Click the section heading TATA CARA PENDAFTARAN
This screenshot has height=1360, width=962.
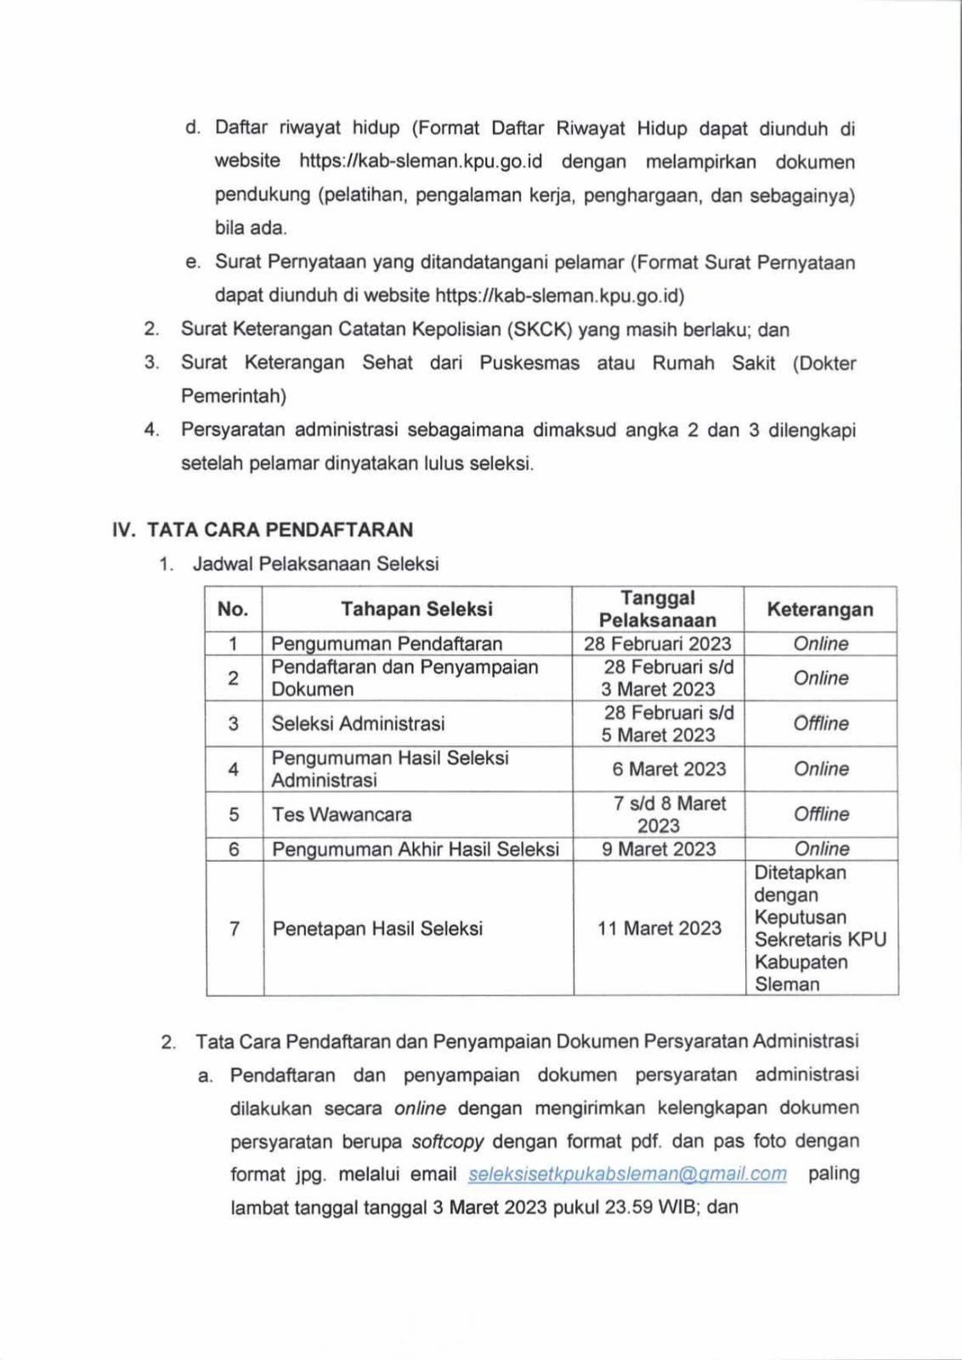tap(280, 530)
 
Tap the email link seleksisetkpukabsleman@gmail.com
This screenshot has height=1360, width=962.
tap(627, 1174)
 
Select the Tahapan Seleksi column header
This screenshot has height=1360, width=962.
tap(416, 609)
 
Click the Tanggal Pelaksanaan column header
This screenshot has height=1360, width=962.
tap(658, 609)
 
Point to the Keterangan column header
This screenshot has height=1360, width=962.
tap(820, 609)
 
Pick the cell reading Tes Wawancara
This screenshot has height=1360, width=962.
tap(342, 814)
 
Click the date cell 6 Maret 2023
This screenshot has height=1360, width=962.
tap(669, 769)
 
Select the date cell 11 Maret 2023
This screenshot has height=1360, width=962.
tap(659, 928)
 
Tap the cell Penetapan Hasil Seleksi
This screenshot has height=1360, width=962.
tap(377, 928)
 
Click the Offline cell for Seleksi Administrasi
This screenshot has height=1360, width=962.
tap(821, 723)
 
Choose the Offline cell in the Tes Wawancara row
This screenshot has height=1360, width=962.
tap(821, 814)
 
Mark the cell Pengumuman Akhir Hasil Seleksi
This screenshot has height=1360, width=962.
tap(416, 849)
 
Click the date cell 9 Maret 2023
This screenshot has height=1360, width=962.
tap(659, 849)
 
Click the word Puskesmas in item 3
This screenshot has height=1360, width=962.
tap(529, 363)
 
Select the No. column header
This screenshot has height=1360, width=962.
tap(233, 609)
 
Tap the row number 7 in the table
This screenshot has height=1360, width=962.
tap(235, 928)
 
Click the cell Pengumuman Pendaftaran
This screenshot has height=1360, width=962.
tap(387, 643)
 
